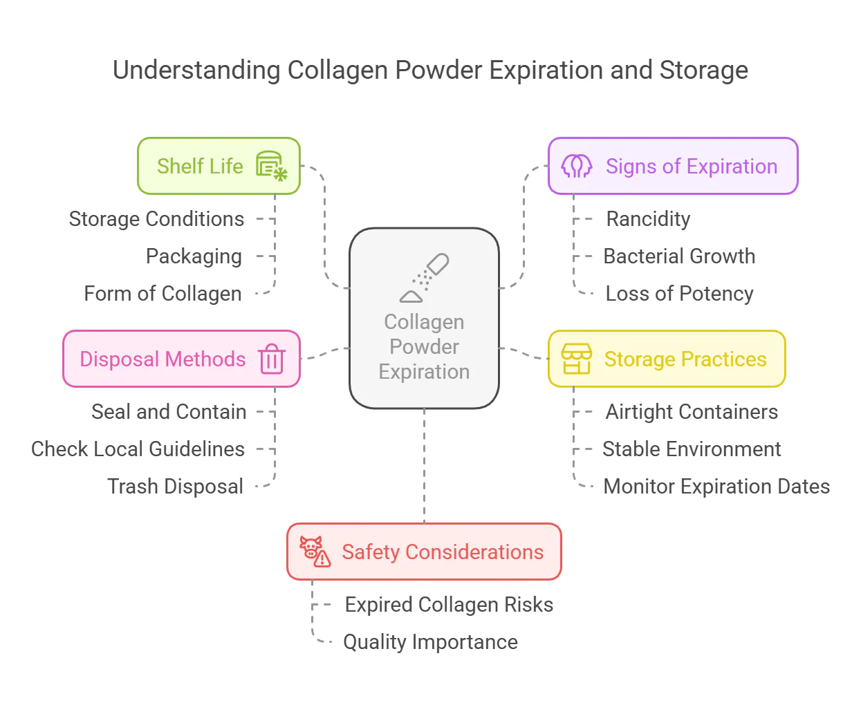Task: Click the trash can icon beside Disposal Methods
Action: click(272, 358)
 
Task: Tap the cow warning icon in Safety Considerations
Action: click(315, 551)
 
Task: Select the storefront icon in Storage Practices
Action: click(576, 359)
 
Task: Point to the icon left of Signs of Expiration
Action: click(576, 166)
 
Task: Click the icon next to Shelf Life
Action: click(272, 166)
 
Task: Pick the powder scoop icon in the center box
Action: click(424, 278)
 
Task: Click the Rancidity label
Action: click(648, 218)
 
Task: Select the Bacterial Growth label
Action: click(679, 256)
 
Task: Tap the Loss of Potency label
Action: click(679, 294)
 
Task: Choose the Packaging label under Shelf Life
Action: click(194, 256)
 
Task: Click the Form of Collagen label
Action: click(163, 294)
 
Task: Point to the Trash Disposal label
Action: click(175, 487)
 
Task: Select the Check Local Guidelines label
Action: click(138, 449)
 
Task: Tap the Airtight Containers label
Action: click(692, 412)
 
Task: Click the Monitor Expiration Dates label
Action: click(716, 487)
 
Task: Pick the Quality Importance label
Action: click(430, 642)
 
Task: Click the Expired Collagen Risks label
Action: click(449, 605)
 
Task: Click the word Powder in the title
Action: click(439, 70)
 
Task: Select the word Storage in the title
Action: click(703, 70)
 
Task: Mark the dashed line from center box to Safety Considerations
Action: click(424, 466)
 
